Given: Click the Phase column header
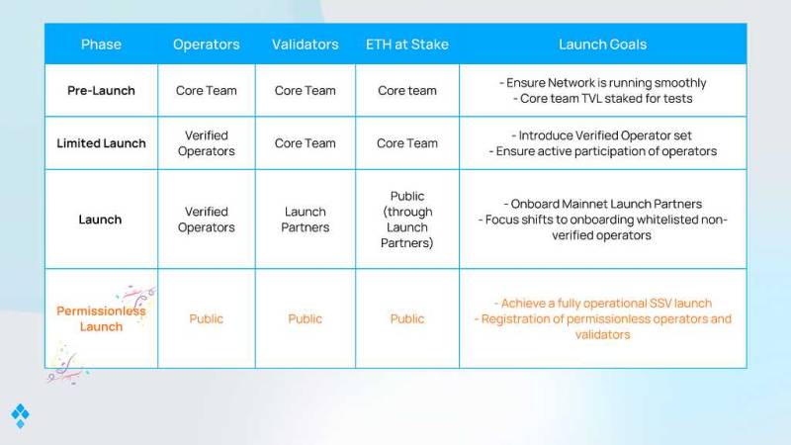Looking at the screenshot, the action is tap(101, 44).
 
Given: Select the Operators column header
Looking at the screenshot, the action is tap(207, 44).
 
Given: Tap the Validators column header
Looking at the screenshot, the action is tap(306, 44).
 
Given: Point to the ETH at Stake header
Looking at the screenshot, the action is tap(407, 44).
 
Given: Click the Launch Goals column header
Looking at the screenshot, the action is tap(602, 44).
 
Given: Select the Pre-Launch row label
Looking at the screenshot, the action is tap(101, 91).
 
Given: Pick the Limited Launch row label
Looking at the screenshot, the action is tap(101, 143).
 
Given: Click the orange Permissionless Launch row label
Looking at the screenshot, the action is tap(101, 318).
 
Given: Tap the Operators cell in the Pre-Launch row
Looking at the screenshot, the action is tap(207, 91).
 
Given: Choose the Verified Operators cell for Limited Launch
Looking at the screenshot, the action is tap(207, 143).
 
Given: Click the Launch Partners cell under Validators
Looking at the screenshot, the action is tap(306, 220).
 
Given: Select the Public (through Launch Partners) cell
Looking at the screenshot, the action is tap(407, 220).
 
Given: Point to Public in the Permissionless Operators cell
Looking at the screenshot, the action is tap(207, 318).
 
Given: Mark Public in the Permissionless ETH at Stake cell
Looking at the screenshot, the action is tap(407, 318).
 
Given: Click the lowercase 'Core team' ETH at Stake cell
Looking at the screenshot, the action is tap(407, 91).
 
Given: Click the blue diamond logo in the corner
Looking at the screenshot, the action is tap(20, 415).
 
